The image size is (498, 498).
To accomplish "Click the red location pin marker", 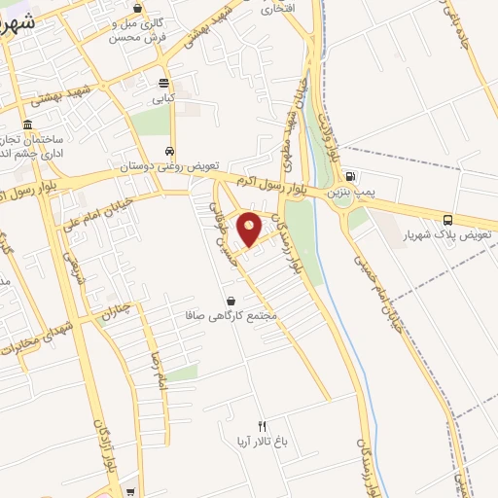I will [250, 230].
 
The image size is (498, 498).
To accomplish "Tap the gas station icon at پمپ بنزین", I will [350, 176].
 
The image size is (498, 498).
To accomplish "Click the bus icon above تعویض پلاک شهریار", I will [447, 219].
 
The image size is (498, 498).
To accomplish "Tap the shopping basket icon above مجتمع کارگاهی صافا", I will [231, 301].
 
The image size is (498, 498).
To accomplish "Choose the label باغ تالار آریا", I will [261, 442].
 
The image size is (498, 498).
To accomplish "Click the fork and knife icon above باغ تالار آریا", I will [261, 426].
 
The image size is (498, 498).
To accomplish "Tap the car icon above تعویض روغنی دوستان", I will [170, 152].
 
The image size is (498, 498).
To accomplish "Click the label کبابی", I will [161, 98].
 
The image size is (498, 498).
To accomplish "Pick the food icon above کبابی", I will [162, 83].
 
